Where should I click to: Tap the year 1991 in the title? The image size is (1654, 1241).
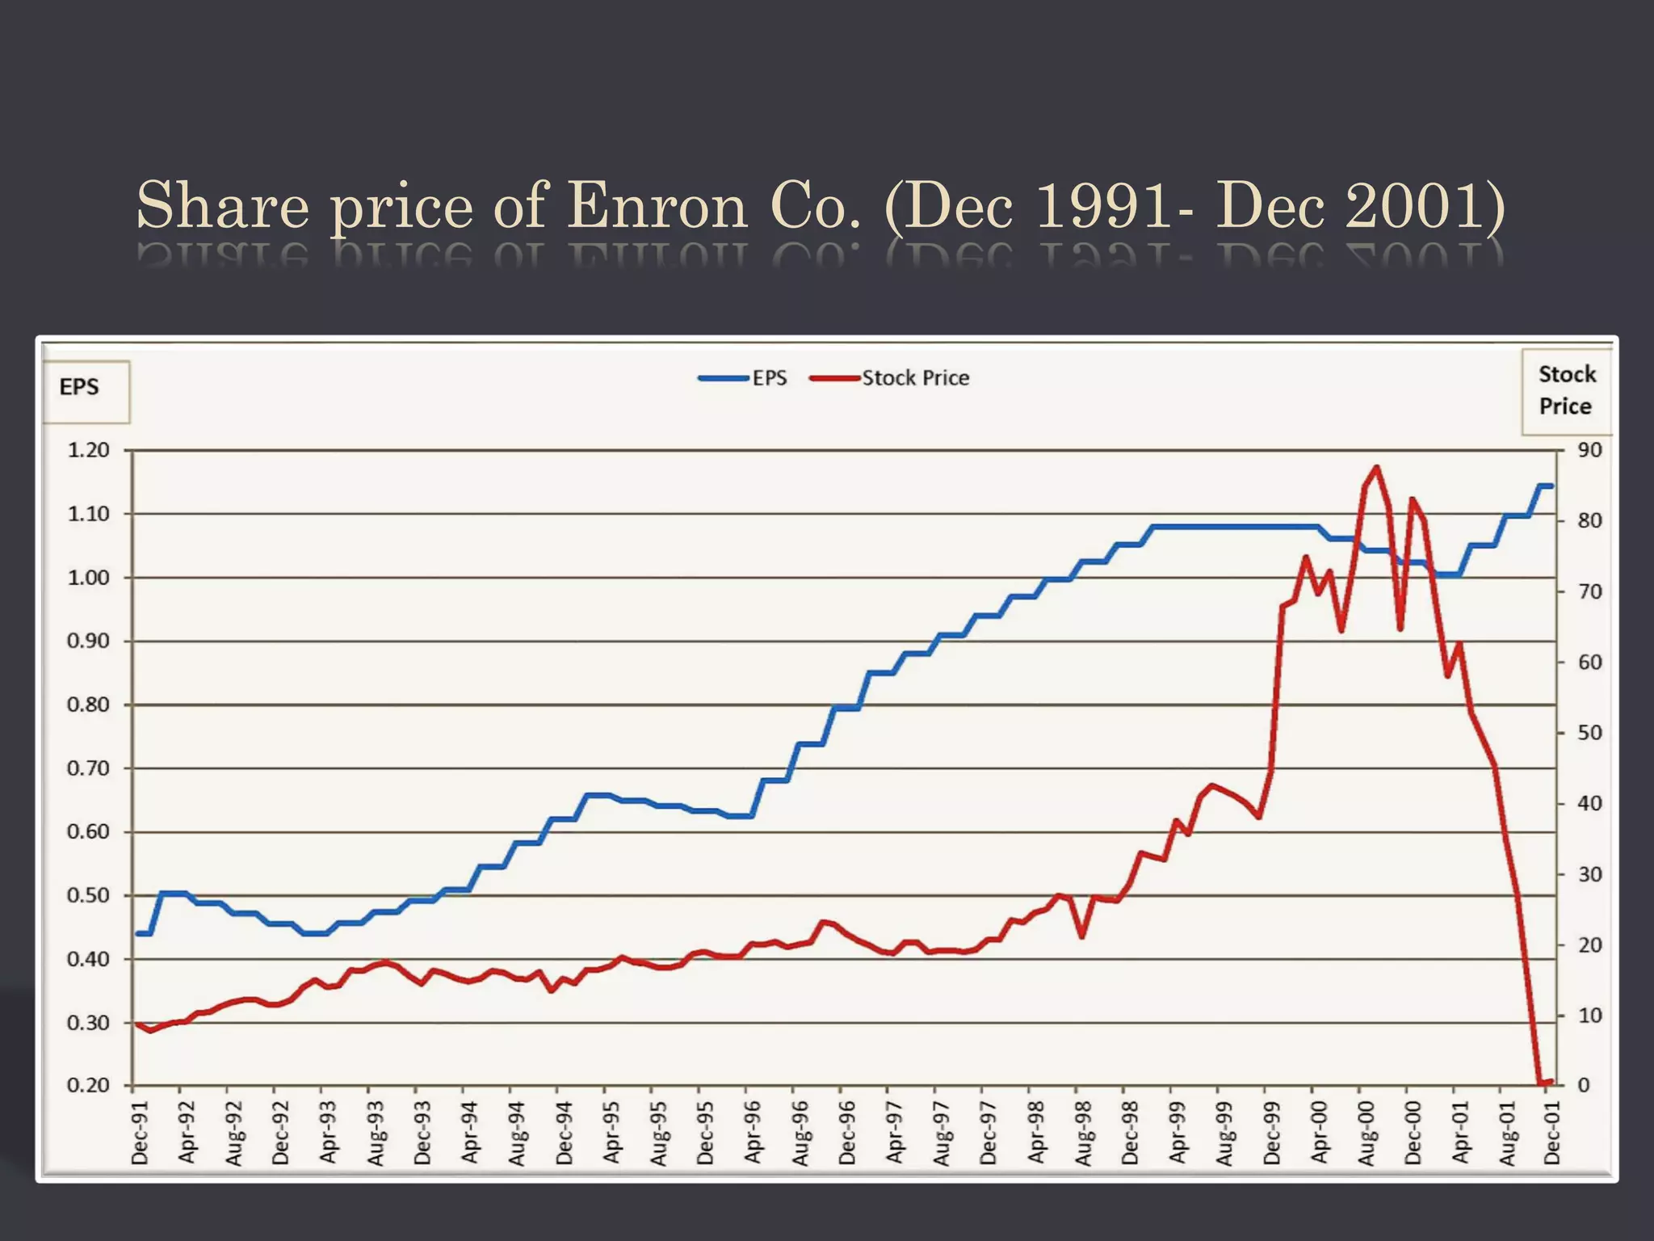coord(1102,206)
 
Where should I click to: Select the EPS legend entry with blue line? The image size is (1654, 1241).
coord(743,378)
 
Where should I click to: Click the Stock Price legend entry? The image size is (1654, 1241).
coord(890,378)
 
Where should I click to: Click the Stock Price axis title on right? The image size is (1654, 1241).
coord(1566,391)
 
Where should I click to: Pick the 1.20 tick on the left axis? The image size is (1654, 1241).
coord(88,450)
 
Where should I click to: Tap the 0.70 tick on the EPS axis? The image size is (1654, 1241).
coord(88,768)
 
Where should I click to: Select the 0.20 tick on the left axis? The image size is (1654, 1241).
coord(88,1085)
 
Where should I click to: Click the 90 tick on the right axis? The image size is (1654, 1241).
coord(1589,450)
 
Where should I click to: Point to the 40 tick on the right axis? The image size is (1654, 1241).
coord(1589,804)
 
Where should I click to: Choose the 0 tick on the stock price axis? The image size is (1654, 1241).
coord(1583,1085)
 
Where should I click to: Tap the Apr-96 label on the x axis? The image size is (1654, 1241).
coord(753,1133)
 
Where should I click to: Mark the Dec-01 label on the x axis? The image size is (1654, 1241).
coord(1552,1133)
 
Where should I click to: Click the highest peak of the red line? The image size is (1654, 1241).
coord(1377,467)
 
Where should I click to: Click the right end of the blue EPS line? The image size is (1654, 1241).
coord(1551,486)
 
